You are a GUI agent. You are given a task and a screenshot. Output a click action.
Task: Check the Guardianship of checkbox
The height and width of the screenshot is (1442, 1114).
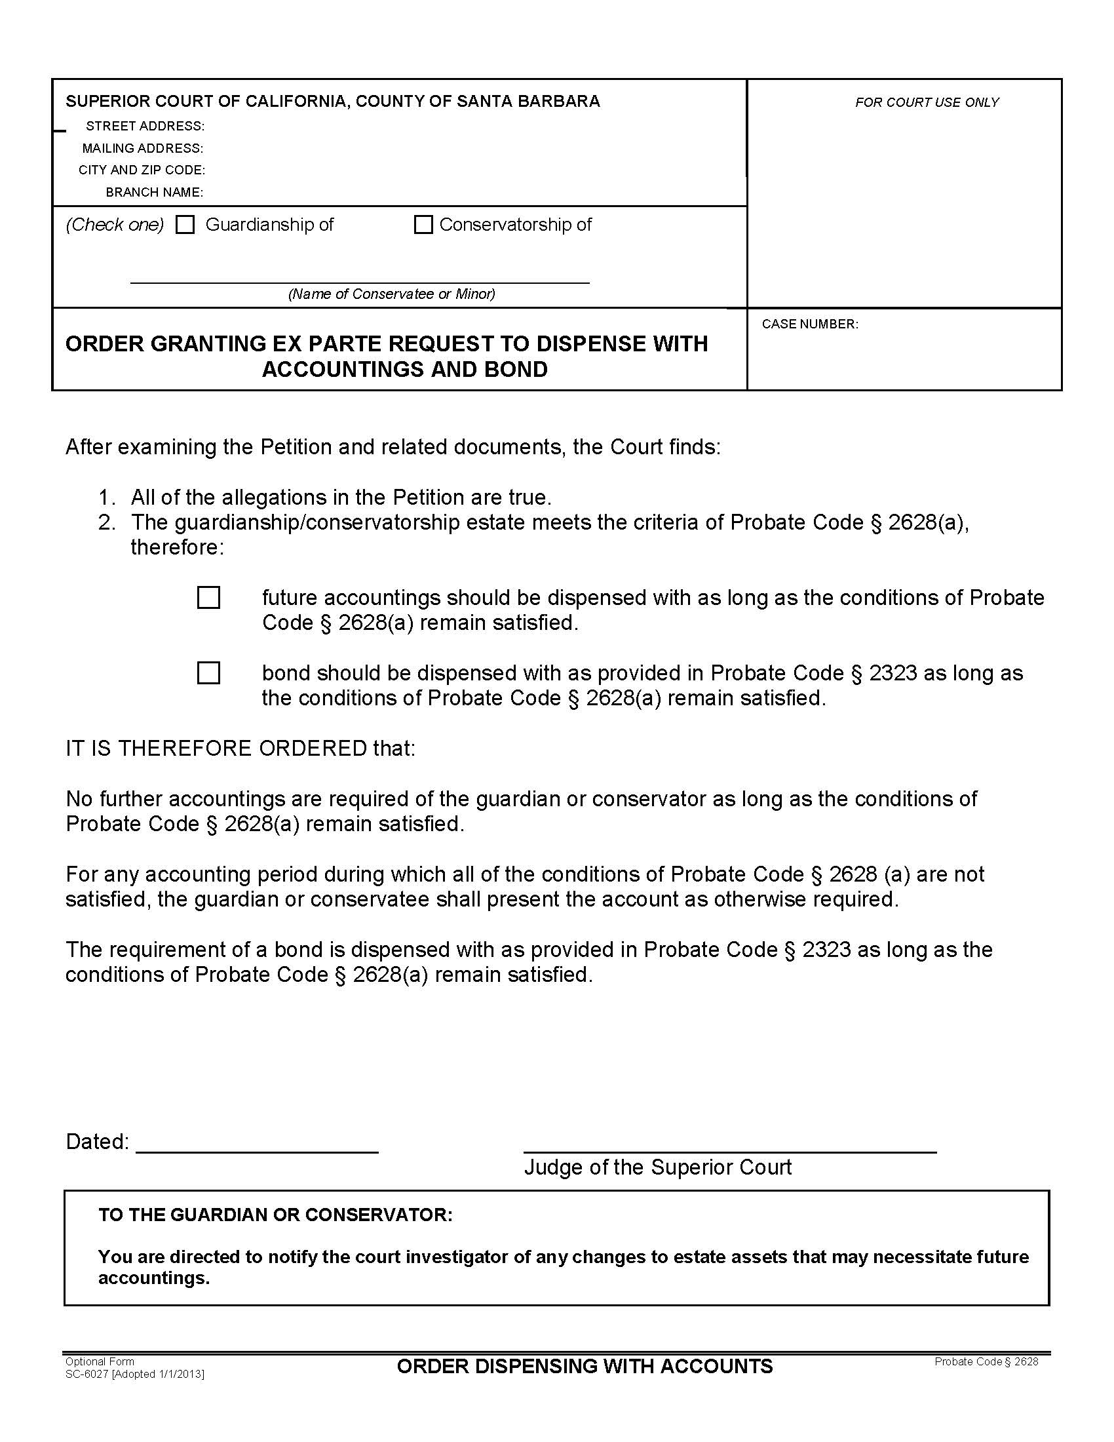[x=185, y=225]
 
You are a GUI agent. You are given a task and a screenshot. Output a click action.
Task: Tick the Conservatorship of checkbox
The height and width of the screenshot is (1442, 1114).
[x=423, y=225]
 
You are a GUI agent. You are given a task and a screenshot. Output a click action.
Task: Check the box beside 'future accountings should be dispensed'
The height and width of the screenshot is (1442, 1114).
[x=208, y=598]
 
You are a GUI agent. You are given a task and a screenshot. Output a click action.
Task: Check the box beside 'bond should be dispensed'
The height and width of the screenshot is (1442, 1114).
[x=208, y=672]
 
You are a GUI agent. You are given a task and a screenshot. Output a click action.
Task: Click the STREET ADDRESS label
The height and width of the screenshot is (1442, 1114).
[x=145, y=126]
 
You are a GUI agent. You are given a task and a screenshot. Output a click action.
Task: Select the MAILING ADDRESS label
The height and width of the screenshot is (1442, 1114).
[x=143, y=149]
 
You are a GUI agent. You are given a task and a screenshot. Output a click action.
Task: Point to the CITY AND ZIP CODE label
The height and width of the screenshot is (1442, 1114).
[x=142, y=170]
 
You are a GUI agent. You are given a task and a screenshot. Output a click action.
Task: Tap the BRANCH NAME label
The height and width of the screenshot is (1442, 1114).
[x=155, y=193]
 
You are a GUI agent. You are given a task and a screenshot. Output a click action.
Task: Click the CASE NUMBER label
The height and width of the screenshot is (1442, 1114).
[x=810, y=324]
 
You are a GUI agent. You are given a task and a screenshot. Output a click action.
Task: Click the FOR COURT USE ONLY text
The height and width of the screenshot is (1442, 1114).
[x=927, y=102]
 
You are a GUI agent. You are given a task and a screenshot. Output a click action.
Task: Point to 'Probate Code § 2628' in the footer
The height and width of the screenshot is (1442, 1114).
[x=986, y=1361]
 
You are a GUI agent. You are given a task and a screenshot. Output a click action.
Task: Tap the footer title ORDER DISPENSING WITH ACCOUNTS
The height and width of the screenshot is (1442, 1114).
[x=585, y=1366]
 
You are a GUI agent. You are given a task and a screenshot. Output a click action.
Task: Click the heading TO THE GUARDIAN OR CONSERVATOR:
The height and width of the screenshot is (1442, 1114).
[x=275, y=1215]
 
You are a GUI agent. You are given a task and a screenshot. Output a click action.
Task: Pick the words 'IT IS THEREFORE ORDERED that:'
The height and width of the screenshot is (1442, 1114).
[x=240, y=748]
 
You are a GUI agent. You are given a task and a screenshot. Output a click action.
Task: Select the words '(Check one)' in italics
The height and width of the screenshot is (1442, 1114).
[x=114, y=225]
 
